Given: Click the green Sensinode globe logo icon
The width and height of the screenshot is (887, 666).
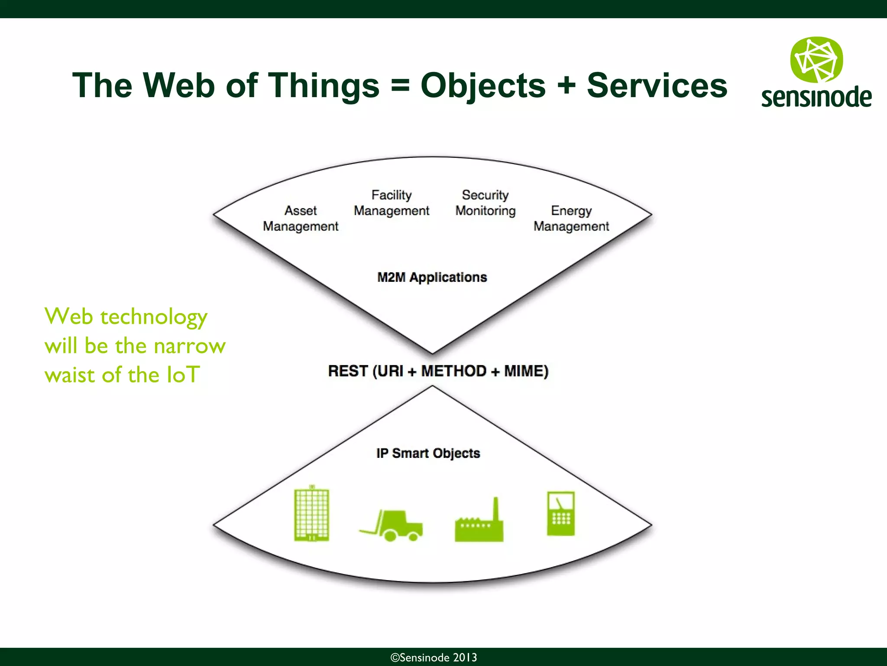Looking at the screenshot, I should tap(816, 60).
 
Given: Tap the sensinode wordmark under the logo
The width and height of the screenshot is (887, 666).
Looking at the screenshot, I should tap(816, 97).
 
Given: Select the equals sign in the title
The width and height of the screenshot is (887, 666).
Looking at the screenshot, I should tap(400, 85).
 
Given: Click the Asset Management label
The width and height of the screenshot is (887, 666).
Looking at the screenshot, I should tap(301, 219).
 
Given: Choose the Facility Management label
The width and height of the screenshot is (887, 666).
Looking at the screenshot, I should tap(391, 203).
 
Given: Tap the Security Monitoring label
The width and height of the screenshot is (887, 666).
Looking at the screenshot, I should tap(486, 203).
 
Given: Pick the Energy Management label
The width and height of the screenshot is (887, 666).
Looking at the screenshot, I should tap(571, 219).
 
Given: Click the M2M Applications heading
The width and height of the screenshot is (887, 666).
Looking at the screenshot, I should tap(432, 277).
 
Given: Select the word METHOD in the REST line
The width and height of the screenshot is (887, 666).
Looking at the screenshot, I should tap(453, 371).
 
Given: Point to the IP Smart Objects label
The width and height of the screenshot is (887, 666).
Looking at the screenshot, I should tap(428, 453).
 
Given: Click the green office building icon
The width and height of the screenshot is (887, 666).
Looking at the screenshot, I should tap(311, 515).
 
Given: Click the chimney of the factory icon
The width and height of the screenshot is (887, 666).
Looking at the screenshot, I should tap(496, 508).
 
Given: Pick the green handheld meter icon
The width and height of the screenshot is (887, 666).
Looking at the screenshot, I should tap(560, 513).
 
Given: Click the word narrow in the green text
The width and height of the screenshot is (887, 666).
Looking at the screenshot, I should tap(190, 346).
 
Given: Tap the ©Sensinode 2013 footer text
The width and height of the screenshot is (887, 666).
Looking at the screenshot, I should tap(434, 657).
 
